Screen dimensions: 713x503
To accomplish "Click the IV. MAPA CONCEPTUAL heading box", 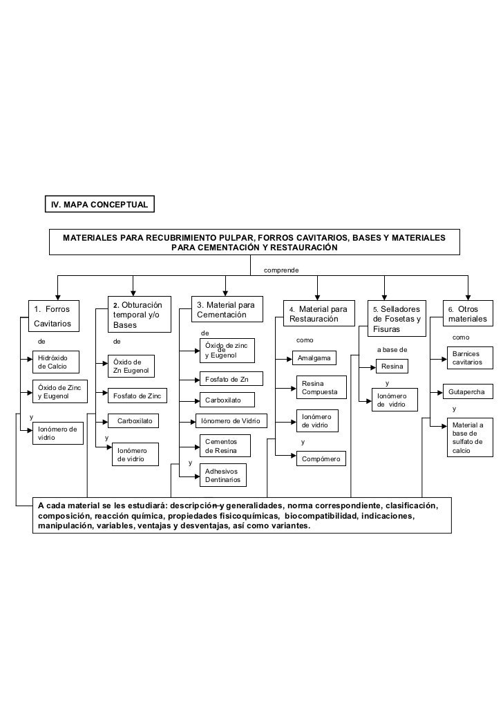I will tap(101, 205).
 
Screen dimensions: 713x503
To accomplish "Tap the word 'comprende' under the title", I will tap(281, 269).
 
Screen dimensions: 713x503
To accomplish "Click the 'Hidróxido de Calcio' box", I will tap(55, 362).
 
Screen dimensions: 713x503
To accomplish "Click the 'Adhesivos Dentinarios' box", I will tap(225, 474).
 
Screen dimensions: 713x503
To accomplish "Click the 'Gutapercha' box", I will tap(466, 392).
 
